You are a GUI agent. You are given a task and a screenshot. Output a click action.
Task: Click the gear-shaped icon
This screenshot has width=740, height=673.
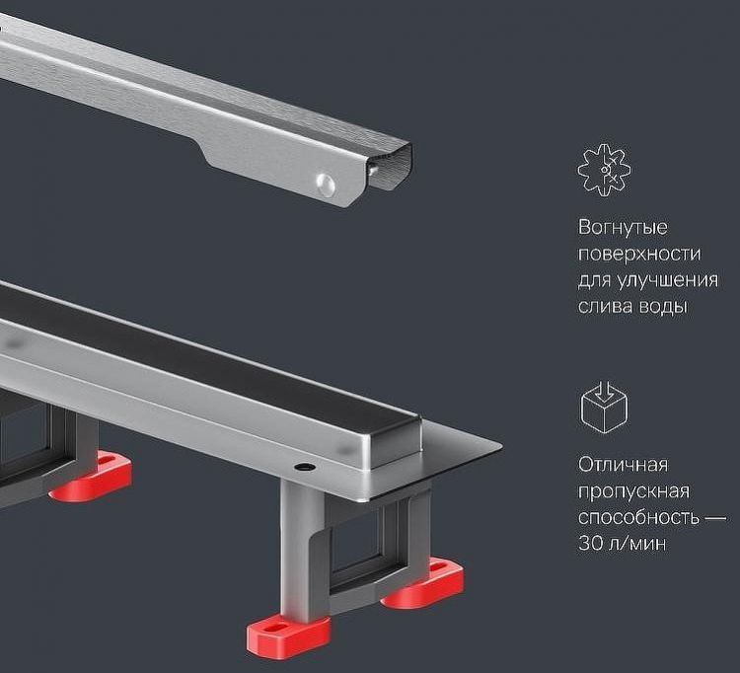604,170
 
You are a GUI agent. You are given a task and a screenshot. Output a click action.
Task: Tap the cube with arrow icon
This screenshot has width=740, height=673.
604,408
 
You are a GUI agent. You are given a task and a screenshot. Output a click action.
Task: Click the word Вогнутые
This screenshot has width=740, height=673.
623,228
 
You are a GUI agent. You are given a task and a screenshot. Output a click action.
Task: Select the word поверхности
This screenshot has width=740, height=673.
639,254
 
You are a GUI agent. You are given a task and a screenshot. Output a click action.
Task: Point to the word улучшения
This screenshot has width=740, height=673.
671,280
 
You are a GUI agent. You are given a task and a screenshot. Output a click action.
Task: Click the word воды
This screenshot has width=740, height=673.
663,307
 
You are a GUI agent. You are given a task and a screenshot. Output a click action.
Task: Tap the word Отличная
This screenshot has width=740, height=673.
624,465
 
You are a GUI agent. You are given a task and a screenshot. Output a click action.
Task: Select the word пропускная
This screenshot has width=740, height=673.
633,491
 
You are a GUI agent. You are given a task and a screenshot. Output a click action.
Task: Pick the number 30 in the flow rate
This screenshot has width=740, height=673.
590,543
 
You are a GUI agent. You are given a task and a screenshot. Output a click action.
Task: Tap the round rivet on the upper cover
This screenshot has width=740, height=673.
326,185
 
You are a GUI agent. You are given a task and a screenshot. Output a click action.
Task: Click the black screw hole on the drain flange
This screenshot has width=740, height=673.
305,467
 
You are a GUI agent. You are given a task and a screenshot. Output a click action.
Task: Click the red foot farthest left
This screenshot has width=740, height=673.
91,476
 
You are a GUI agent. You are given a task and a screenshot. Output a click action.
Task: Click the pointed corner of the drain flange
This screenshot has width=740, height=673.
501,445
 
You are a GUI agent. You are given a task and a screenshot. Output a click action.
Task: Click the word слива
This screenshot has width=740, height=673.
605,307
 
